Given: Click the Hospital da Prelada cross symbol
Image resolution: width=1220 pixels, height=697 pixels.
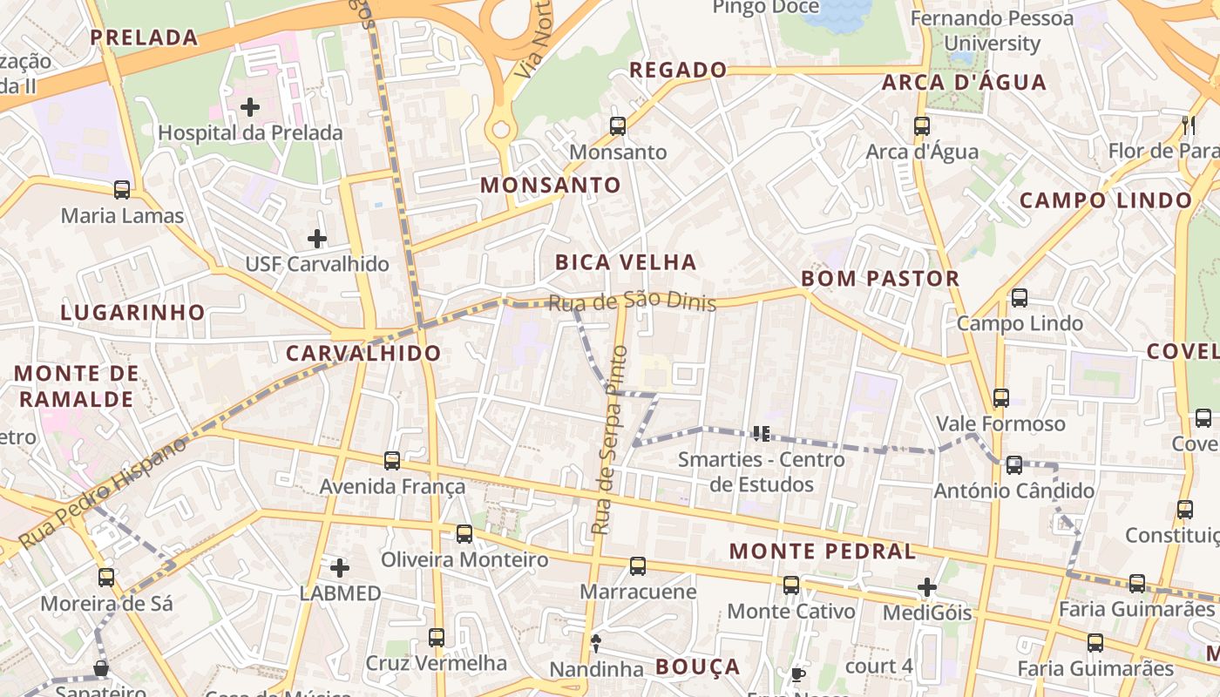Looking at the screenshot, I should point(250,107).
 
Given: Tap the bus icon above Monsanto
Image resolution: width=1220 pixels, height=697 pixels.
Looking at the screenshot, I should point(618,126).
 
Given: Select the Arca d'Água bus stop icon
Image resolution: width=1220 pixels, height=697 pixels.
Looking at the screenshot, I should point(922,126).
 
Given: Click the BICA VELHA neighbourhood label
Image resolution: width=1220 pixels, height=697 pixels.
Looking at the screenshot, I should point(626,262).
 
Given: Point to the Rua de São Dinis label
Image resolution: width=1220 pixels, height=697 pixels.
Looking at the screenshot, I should point(632,301).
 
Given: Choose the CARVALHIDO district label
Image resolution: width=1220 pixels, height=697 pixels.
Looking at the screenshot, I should point(363,354).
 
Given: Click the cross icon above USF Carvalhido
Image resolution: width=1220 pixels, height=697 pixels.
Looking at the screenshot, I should point(317,238).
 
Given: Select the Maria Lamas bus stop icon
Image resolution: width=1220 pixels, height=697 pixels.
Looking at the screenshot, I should point(122,190).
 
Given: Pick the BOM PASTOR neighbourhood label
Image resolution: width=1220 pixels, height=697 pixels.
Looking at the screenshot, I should point(879,279).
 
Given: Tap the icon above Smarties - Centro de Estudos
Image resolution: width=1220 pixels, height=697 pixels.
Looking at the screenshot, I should point(761,433).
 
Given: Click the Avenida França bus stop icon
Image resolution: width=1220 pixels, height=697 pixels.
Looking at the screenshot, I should point(392,460).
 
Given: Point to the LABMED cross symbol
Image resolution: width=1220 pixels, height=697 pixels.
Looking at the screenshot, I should point(340,568).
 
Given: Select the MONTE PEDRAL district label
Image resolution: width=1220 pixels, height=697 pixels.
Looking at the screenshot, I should point(822,552).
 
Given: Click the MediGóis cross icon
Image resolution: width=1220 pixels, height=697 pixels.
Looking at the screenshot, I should point(927,587).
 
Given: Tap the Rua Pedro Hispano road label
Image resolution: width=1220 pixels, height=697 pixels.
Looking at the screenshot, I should point(103,492).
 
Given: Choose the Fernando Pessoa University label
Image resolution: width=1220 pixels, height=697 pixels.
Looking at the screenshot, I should point(993,30).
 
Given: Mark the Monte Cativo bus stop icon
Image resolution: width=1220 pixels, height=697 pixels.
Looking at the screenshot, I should point(791,585).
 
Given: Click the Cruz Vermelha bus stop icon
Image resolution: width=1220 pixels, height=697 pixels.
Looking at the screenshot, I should point(437,638).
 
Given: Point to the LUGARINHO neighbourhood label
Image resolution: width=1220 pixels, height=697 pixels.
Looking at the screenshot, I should point(132,313).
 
